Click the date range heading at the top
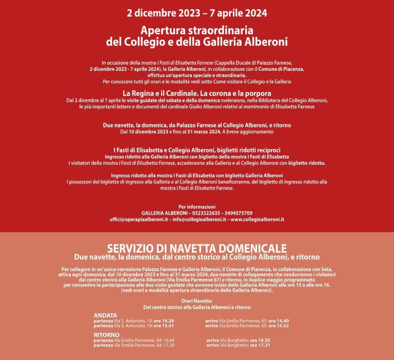[197, 12]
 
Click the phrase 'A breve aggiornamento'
[249, 131]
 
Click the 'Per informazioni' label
[196, 206]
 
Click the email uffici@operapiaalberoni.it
[139, 219]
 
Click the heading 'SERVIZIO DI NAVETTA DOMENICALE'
[197, 248]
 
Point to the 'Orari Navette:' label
[197, 301]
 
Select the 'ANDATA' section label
[106, 315]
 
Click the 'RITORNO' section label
[107, 335]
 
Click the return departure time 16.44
[166, 340]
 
